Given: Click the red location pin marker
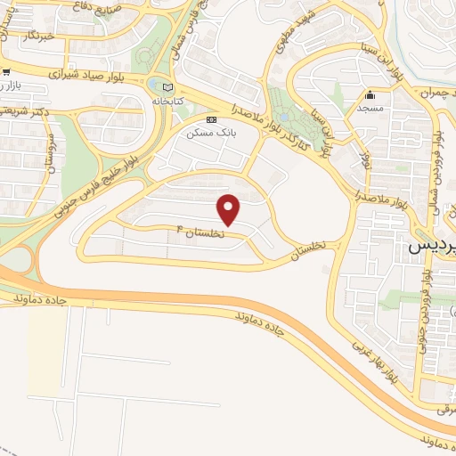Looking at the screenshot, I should point(230,208).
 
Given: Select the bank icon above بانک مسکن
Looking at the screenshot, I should point(211,119).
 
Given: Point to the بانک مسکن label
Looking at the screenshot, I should point(206,132).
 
